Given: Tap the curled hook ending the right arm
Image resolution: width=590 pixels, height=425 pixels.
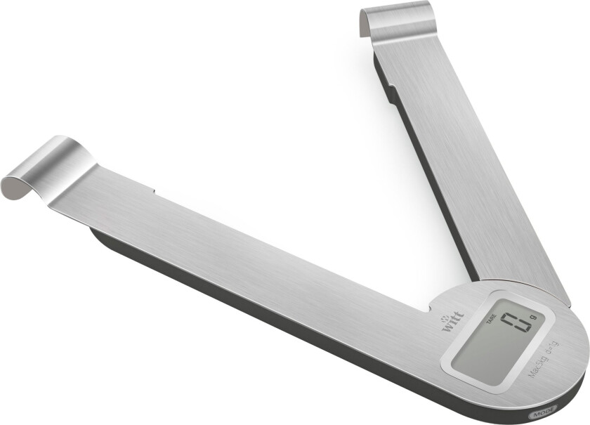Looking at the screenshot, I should tap(394, 21).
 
